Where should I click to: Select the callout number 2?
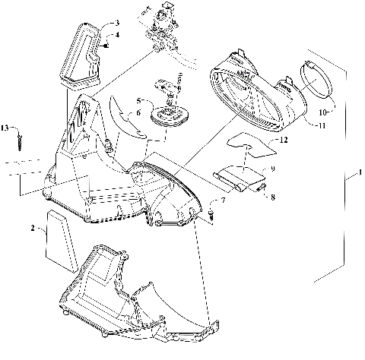32,227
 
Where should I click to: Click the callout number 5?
139,99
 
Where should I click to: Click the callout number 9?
271,169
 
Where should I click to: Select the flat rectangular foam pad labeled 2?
59,238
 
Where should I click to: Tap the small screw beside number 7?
211,216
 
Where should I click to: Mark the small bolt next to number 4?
107,44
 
